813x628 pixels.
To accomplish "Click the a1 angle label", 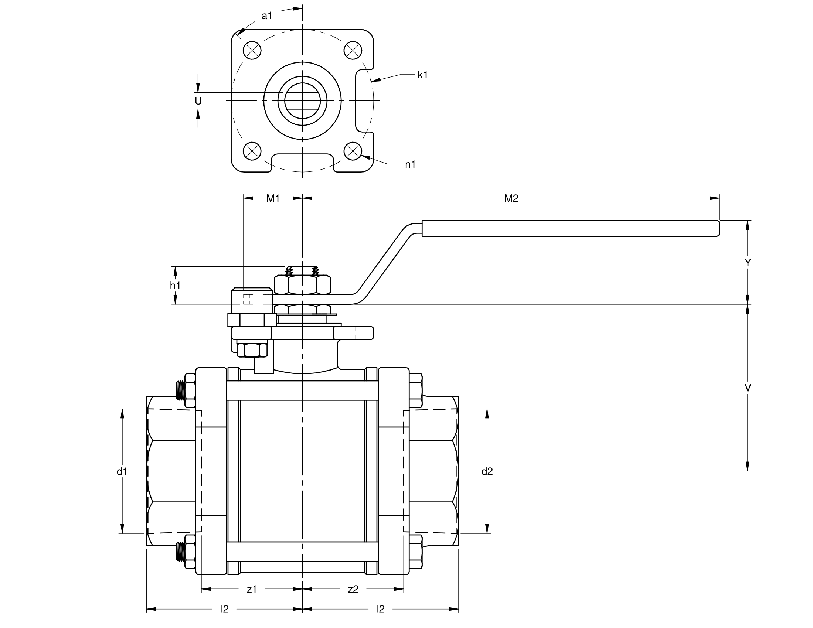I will [x=267, y=16].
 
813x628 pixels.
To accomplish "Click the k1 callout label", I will [x=422, y=75].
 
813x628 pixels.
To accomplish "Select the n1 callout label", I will [x=410, y=164].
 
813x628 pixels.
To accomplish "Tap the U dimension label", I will [x=198, y=101].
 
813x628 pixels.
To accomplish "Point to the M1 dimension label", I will [x=273, y=199].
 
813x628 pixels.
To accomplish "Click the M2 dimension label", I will [x=511, y=199].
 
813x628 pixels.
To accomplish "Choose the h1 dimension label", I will [x=175, y=285].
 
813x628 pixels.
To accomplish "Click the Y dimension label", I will [x=748, y=263].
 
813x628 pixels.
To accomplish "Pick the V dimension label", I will [x=748, y=388].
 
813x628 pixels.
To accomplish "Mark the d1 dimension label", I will [x=122, y=471].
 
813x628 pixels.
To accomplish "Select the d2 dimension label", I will [x=487, y=471].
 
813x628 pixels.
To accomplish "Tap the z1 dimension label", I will [x=252, y=589].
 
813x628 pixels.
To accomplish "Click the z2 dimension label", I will [x=353, y=589].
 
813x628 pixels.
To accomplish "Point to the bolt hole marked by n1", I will [x=353, y=151].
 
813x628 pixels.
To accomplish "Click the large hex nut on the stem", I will [x=302, y=284].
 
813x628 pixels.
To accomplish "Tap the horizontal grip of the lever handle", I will [x=569, y=228].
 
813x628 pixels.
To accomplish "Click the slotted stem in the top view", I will [x=302, y=100].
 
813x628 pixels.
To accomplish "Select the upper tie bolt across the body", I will [x=302, y=390].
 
